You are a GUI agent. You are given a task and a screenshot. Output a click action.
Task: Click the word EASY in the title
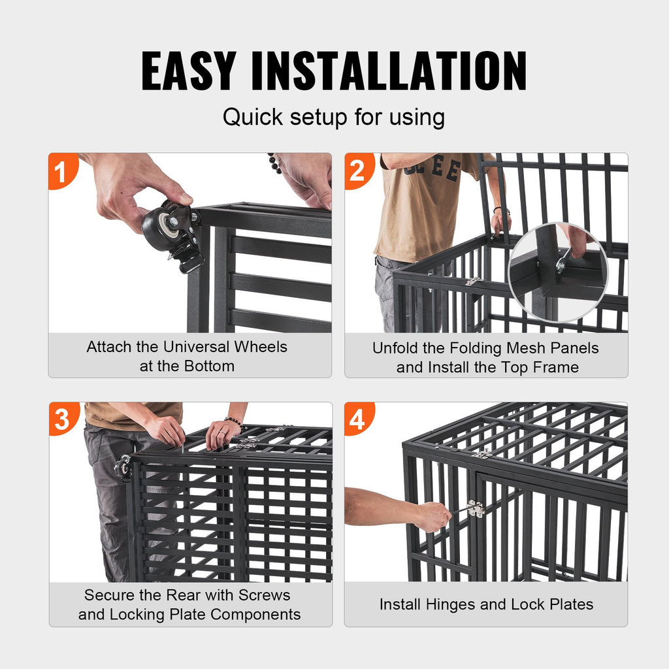pos(188,71)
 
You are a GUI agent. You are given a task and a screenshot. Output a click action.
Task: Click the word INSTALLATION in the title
pos(389,71)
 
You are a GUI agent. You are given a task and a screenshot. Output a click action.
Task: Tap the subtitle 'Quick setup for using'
pos(334,118)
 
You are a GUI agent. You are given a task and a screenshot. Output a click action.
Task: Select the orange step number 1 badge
pos(61,172)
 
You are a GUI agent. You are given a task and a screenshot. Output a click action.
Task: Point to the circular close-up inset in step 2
pos(557,272)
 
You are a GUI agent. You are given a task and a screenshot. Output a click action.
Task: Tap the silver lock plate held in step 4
pos(475,509)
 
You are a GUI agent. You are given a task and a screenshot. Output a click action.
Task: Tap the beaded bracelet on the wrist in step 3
pos(234,422)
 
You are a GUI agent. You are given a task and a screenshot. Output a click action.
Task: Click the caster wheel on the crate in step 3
pos(122,467)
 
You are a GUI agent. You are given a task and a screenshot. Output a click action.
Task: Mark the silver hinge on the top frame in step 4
pos(481,453)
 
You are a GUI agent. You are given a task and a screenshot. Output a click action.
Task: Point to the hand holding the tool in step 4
pos(433,516)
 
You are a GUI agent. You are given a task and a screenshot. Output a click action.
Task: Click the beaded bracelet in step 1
pos(274,163)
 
